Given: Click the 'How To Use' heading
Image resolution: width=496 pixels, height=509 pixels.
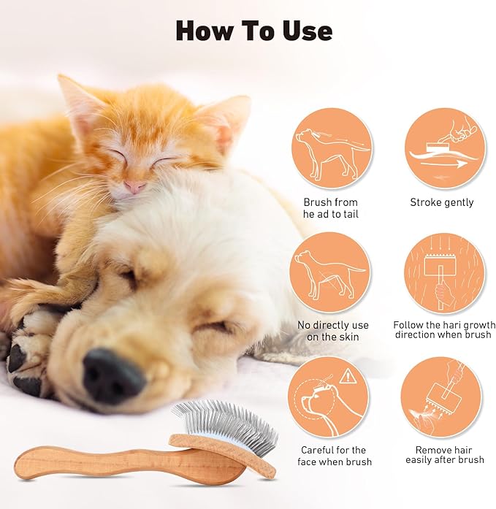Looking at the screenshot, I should [254, 30].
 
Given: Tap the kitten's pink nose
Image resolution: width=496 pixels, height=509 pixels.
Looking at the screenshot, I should [134, 187].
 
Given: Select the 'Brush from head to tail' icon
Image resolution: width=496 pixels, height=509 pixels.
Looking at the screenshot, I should [331, 149].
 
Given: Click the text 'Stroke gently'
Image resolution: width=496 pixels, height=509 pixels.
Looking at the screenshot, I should [441, 202].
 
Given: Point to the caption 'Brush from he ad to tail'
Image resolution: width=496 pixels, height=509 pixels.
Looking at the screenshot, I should [331, 208].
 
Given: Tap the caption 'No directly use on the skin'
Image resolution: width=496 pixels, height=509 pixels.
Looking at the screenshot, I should [333, 331].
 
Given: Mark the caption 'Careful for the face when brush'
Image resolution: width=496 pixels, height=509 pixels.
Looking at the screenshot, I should [334, 456].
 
